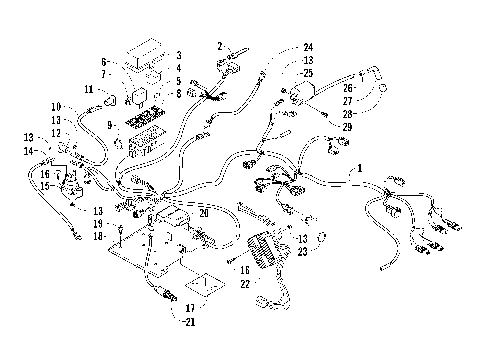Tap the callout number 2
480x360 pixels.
(x=219, y=46)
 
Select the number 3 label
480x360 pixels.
(x=178, y=56)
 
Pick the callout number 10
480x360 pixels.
(x=57, y=106)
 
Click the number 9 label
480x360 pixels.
(x=112, y=125)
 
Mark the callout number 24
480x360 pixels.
(x=308, y=46)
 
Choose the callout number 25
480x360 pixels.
(x=308, y=73)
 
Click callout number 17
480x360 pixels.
(x=189, y=308)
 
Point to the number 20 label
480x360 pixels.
(x=204, y=212)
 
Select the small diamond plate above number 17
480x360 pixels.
(x=204, y=285)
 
